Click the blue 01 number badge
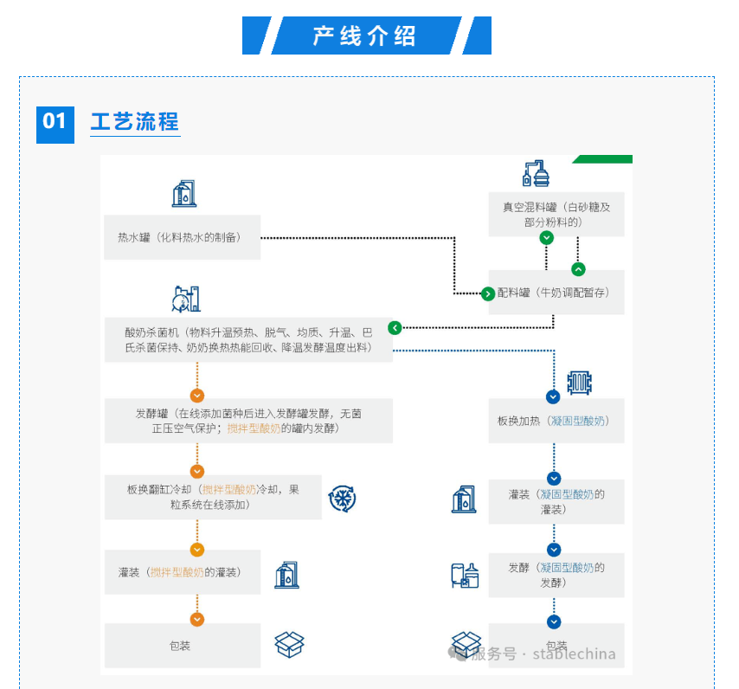[54, 121]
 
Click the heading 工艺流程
[135, 121]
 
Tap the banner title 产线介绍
[365, 35]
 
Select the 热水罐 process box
[182, 237]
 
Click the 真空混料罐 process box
[556, 215]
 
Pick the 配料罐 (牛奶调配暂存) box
[555, 293]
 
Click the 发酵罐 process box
[247, 421]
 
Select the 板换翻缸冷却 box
[213, 497]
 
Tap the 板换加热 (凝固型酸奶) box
[556, 421]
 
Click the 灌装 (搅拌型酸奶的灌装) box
[182, 572]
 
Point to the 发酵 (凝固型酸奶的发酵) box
[556, 575]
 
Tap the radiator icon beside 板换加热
[579, 383]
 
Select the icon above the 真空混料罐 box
[537, 173]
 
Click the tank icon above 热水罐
[184, 193]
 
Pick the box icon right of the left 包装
[290, 645]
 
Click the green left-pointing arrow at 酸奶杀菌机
[395, 328]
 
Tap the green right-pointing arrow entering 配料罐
[488, 293]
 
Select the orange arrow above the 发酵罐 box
[197, 395]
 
